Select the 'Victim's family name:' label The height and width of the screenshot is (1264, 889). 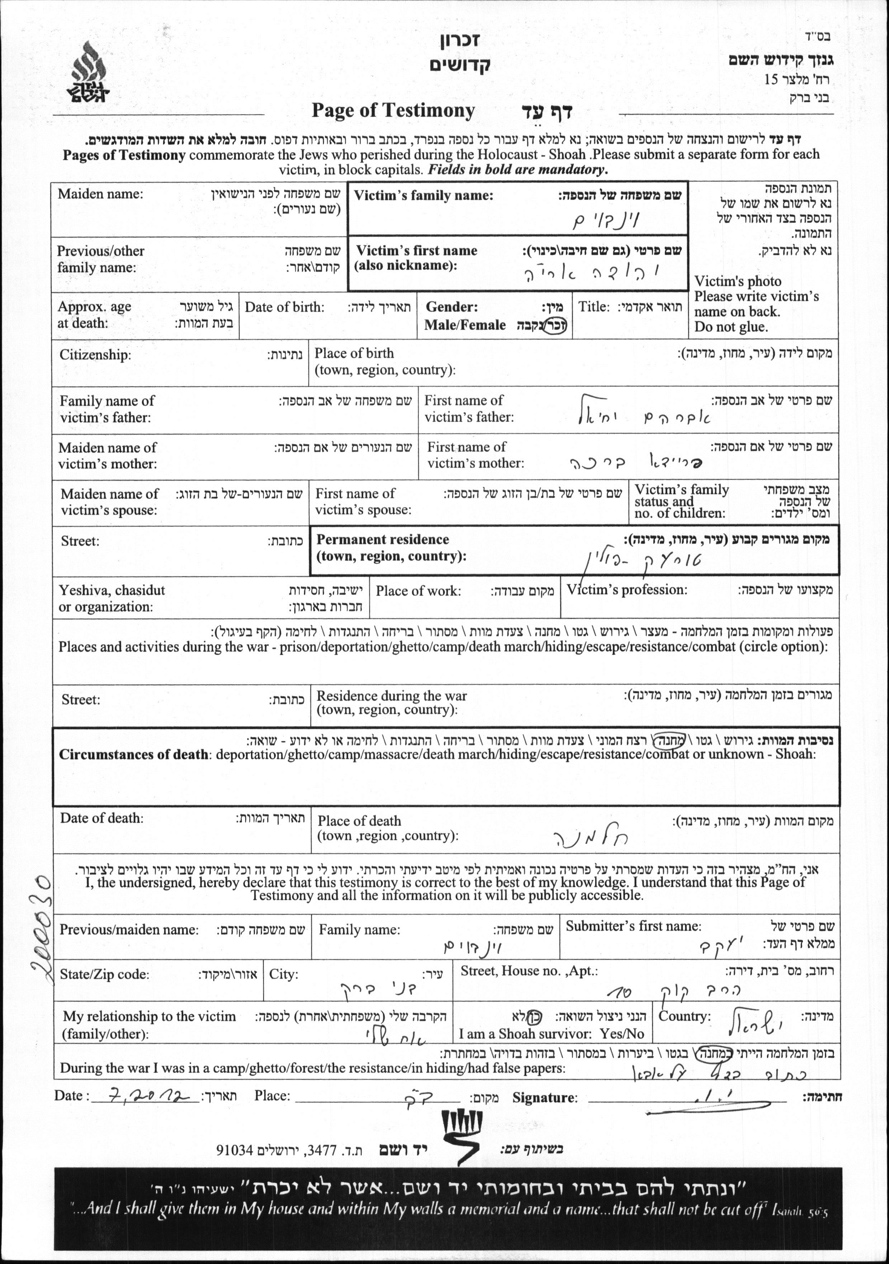point(423,195)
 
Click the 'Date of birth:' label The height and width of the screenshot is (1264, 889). point(284,307)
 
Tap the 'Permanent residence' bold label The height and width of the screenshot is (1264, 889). point(382,540)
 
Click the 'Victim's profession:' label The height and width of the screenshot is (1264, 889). point(627,590)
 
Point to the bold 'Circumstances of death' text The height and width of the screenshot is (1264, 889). point(133,754)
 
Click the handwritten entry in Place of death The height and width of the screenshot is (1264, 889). point(590,837)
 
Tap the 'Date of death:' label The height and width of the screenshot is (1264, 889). point(101,818)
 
